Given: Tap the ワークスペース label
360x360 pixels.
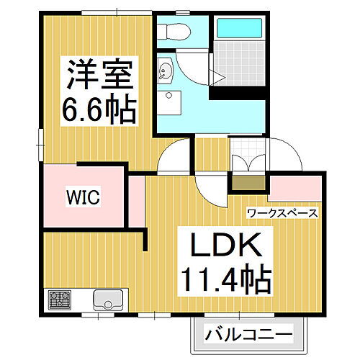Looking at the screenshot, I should pyautogui.click(x=282, y=213).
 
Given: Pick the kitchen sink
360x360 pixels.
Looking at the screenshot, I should pyautogui.click(x=109, y=298).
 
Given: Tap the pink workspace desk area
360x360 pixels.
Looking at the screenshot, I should pyautogui.click(x=296, y=191).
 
